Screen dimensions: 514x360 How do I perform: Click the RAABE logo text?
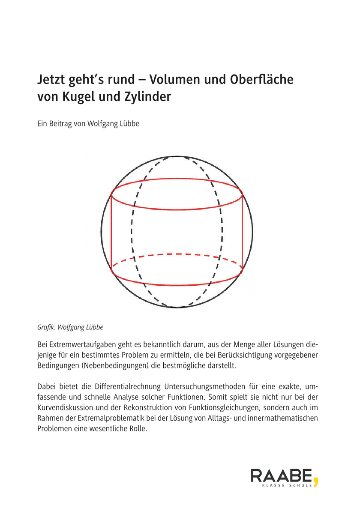pyautogui.click(x=281, y=476)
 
